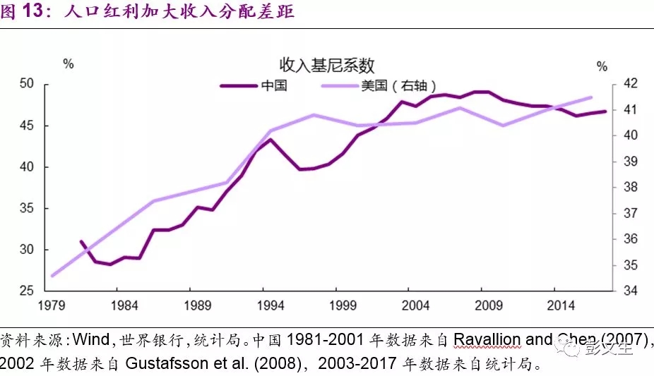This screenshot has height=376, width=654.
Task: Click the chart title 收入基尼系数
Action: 326,66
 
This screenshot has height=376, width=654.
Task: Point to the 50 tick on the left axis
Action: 27,84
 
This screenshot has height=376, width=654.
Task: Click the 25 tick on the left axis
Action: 27,291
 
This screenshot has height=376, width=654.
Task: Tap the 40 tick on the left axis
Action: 27,167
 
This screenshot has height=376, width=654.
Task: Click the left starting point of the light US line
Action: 52,276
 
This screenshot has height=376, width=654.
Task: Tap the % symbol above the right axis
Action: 602,66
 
